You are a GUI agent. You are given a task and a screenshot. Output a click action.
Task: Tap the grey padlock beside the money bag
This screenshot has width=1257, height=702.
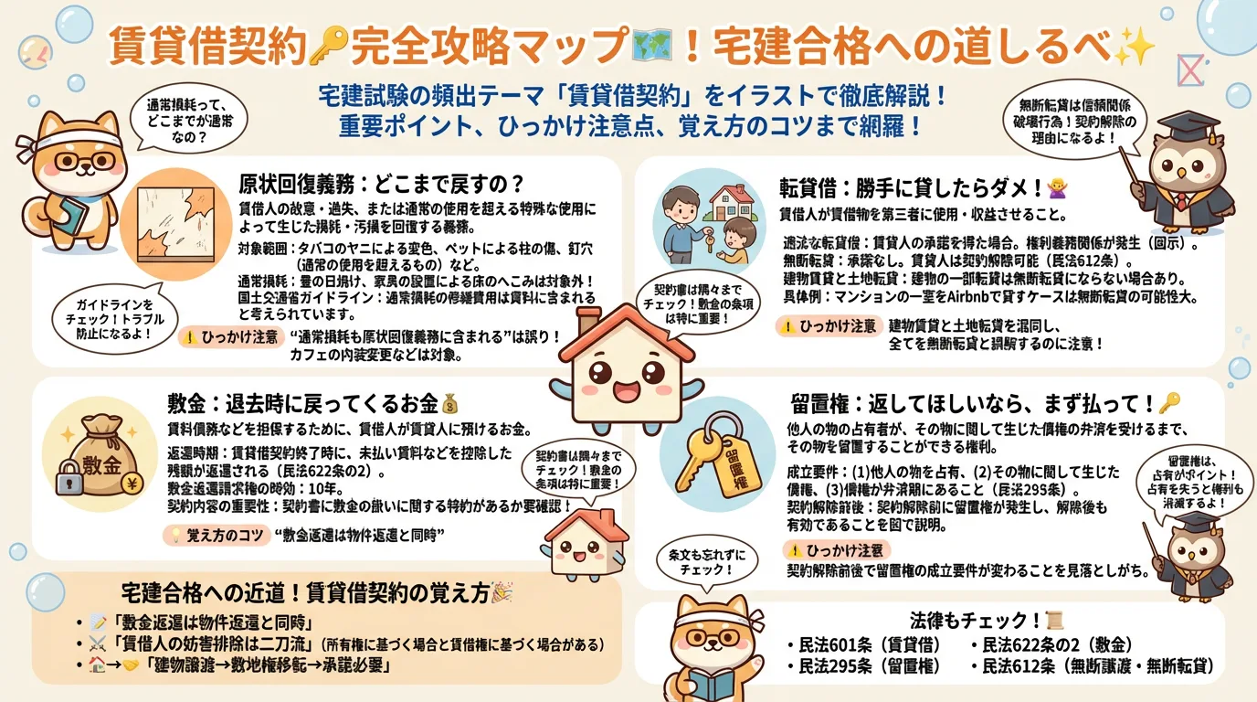[69, 482]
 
